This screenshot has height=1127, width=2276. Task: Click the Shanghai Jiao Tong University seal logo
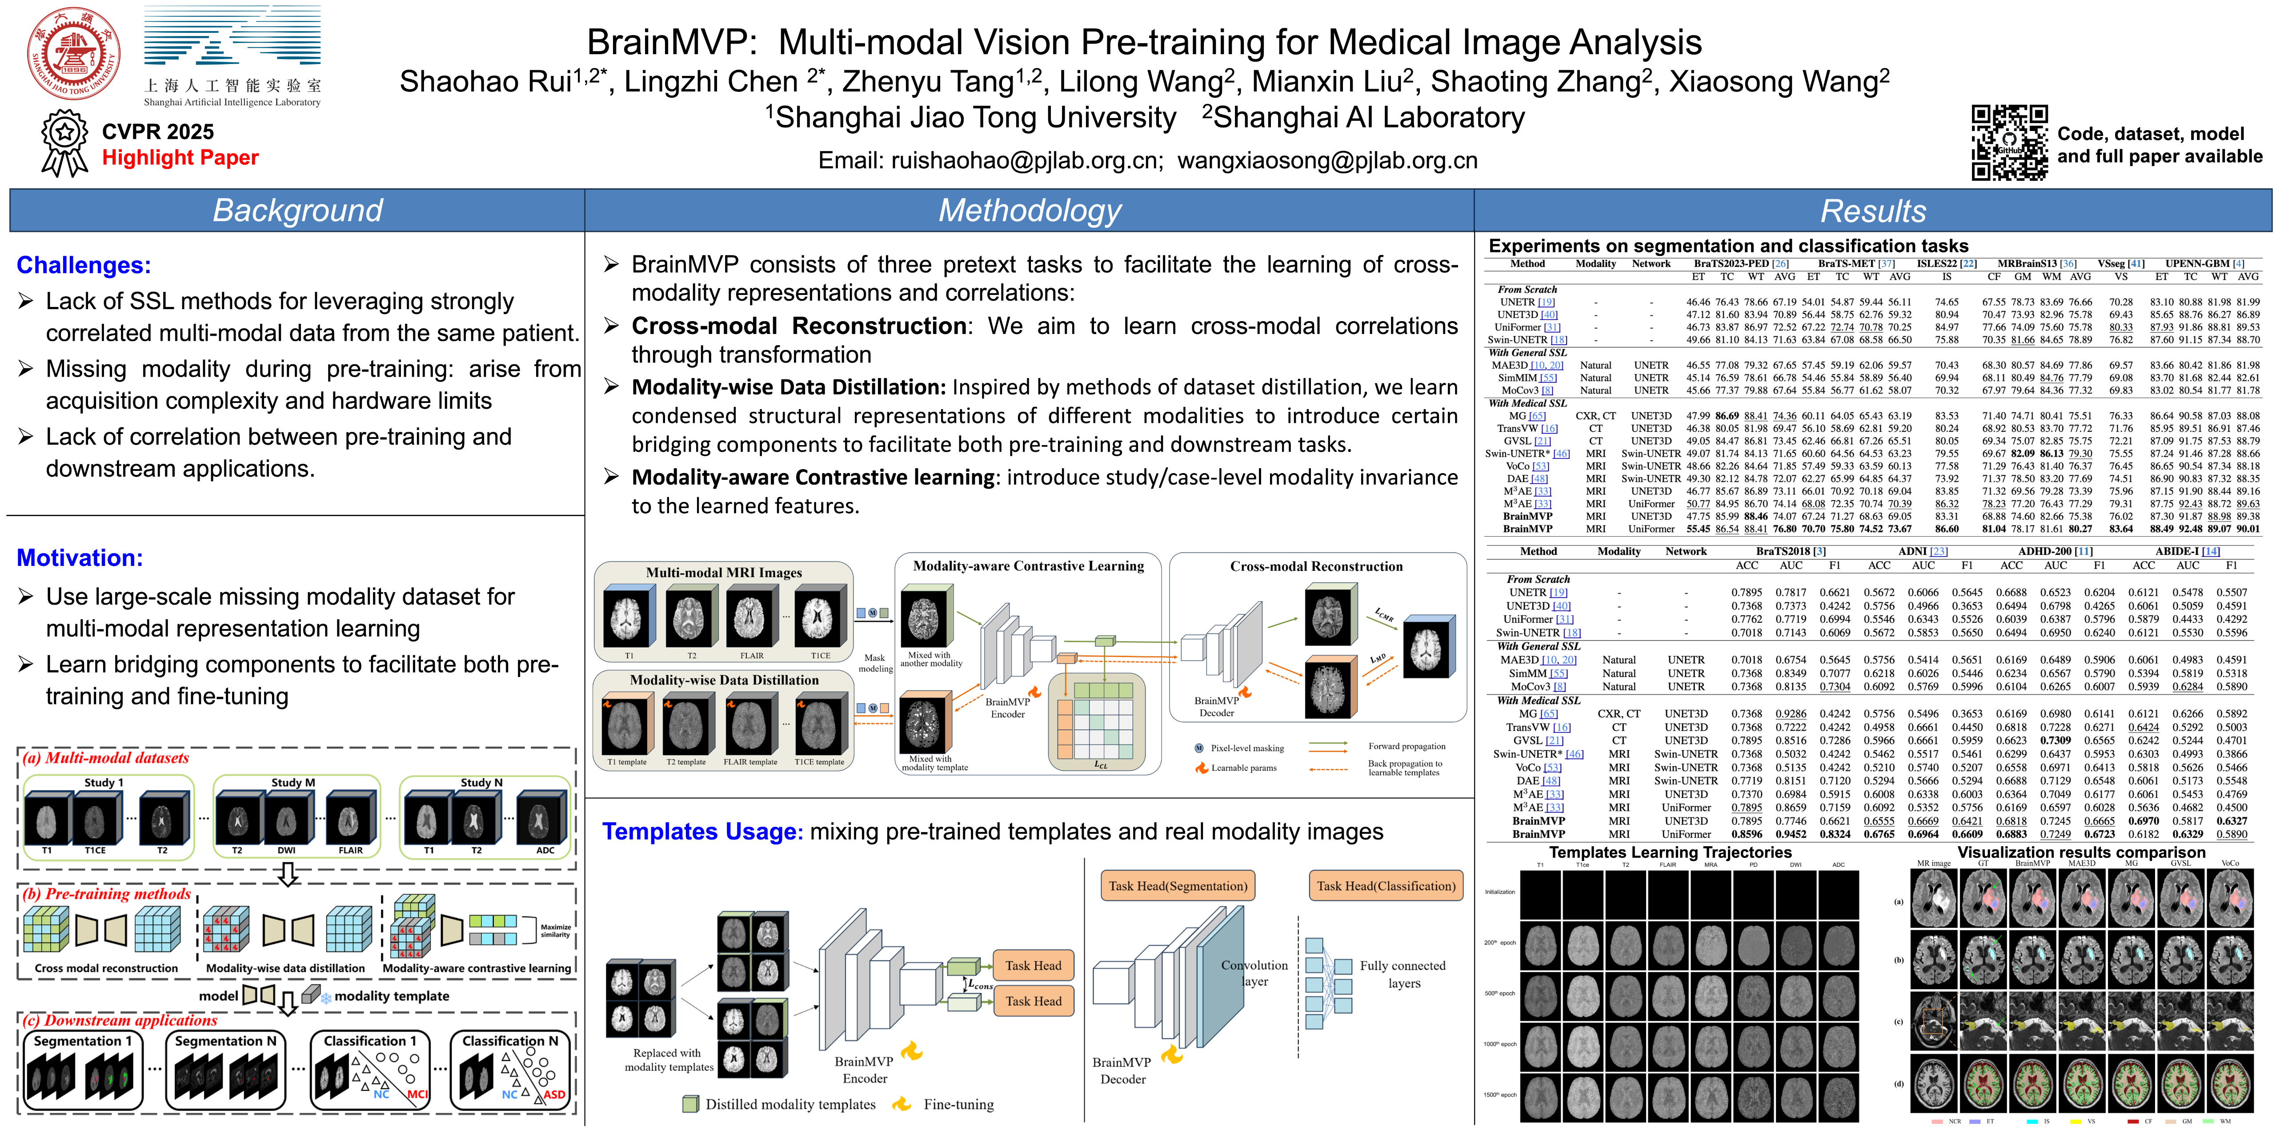click(74, 53)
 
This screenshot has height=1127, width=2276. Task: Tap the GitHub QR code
click(2009, 142)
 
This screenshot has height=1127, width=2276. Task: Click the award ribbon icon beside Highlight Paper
click(64, 144)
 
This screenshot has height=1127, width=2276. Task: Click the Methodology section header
click(1030, 210)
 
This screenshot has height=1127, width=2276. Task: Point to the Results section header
click(1873, 210)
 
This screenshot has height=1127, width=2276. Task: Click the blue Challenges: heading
click(84, 265)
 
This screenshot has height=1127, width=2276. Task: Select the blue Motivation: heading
click(80, 558)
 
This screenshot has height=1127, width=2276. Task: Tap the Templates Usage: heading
click(702, 831)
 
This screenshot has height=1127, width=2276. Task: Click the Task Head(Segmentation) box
click(1178, 886)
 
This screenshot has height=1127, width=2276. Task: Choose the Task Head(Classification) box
click(1386, 886)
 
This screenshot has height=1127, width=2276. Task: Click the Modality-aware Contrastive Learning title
click(1029, 566)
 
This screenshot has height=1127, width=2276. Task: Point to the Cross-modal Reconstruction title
click(1316, 566)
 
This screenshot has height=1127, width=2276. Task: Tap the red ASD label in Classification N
click(554, 1094)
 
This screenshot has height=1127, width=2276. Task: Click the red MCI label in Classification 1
click(417, 1094)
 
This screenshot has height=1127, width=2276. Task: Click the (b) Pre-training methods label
click(107, 894)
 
